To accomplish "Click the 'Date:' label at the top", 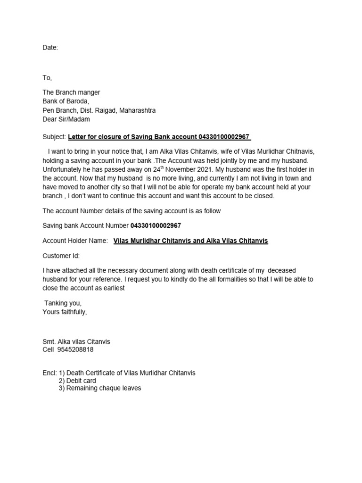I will [x=50, y=48].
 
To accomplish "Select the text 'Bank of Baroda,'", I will [x=66, y=101].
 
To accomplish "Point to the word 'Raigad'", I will [x=105, y=110].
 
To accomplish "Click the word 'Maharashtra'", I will [x=138, y=110].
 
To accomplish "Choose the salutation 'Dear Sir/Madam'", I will [x=66, y=119].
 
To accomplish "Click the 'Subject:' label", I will [x=54, y=137].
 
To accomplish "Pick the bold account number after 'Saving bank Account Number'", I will [x=152, y=225].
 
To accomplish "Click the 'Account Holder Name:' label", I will [x=75, y=241].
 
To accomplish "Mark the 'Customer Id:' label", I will [x=61, y=256].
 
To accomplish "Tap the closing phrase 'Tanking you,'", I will [x=63, y=303].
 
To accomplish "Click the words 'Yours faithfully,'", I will [x=65, y=312].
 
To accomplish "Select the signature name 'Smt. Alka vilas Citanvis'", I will [x=76, y=341].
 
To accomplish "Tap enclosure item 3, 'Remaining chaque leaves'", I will [x=103, y=388].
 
